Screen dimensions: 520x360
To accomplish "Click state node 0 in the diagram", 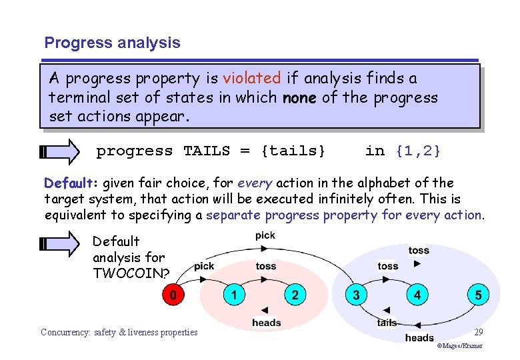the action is coord(174,295).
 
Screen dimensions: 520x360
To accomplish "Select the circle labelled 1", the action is coord(234,295).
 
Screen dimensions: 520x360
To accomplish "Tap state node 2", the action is coord(295,295).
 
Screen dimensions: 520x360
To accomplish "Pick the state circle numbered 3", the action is coord(356,295).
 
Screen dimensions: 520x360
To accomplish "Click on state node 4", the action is coord(417,295).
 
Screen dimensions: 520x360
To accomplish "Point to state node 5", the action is coord(477,295).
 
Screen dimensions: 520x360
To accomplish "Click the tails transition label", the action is coord(387,323).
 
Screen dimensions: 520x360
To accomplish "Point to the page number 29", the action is coord(478,331).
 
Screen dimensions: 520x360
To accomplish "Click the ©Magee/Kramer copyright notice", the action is coord(460,346).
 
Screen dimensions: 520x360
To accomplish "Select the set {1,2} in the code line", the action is coord(418,151).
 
